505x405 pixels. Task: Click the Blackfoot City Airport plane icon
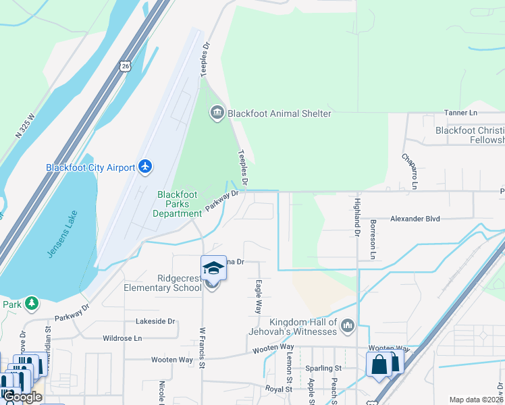[145, 167]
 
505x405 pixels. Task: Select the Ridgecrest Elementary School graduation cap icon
[213, 268]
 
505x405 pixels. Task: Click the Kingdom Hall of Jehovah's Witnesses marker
[347, 326]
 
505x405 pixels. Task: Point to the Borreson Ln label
[373, 239]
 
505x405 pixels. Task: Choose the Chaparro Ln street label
[406, 171]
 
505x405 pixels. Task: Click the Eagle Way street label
[257, 297]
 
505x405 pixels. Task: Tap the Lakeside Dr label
[155, 321]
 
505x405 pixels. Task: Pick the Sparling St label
[323, 369]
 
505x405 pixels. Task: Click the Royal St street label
[278, 389]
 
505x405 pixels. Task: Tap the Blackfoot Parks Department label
[178, 204]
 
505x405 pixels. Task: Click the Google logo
[22, 397]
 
